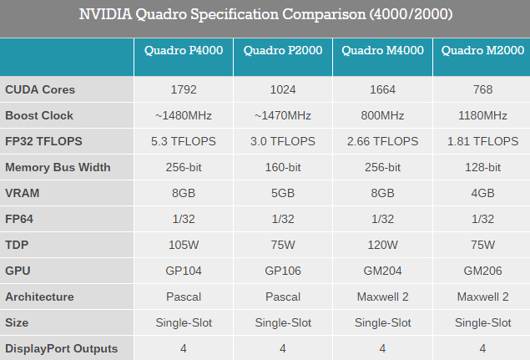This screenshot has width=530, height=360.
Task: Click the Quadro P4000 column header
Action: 184,51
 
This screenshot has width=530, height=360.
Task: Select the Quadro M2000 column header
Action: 481,51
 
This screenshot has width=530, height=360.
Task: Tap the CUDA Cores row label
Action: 39,89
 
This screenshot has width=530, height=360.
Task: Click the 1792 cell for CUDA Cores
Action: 184,89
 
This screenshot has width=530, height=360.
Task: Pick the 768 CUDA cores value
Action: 482,89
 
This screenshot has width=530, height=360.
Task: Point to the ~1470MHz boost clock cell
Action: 284,115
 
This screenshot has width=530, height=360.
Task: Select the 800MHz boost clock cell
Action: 382,115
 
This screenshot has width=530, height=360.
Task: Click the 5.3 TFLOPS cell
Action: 184,141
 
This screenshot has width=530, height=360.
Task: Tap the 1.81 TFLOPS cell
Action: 482,141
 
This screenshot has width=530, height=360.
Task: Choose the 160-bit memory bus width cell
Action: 284,167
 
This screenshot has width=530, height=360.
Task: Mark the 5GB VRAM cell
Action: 284,193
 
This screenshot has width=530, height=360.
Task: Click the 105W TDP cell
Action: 184,245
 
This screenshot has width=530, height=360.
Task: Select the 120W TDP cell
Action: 382,245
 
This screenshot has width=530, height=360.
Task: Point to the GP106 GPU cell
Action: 284,271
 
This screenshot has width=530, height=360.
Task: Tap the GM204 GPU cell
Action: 382,271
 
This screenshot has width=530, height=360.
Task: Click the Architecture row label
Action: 39,297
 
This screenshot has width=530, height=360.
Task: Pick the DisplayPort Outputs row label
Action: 62,348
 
